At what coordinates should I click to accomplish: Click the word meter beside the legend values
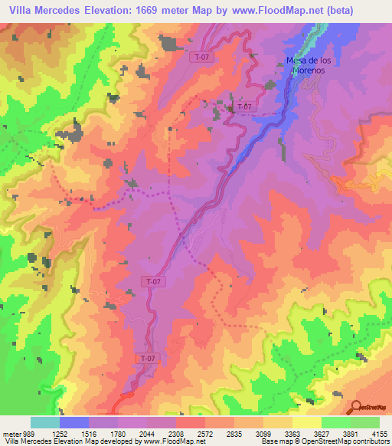[x=10, y=435]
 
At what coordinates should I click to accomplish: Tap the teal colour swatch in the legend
[x=45, y=423]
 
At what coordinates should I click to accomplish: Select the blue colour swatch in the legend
[x=74, y=423]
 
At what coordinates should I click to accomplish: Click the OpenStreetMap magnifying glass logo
[x=355, y=407]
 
